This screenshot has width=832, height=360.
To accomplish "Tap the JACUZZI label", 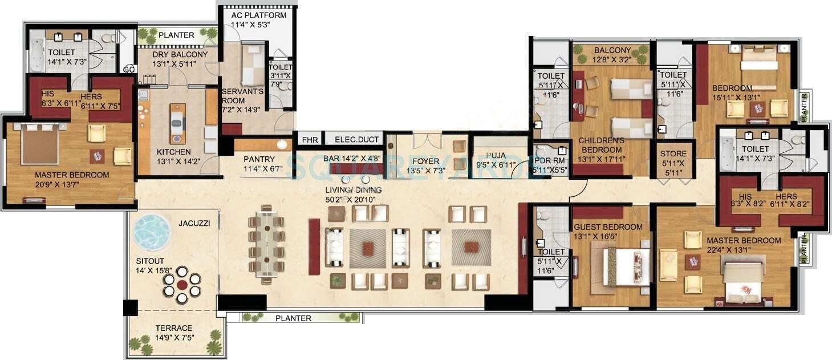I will [194, 224].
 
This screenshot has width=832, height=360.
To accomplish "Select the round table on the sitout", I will [182, 284].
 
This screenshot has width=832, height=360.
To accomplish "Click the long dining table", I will [266, 244].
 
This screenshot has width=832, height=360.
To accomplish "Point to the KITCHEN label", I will [174, 152].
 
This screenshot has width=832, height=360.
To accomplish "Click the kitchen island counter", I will [177, 123].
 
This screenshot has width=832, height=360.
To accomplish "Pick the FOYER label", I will [426, 161].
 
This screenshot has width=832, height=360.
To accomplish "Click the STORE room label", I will [673, 154].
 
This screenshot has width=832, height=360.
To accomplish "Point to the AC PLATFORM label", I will [258, 15].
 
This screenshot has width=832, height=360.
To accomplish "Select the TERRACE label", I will [174, 328].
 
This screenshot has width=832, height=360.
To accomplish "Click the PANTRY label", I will [259, 159].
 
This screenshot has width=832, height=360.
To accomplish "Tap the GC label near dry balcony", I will [129, 69].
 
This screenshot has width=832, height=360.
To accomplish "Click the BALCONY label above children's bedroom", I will [612, 50].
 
